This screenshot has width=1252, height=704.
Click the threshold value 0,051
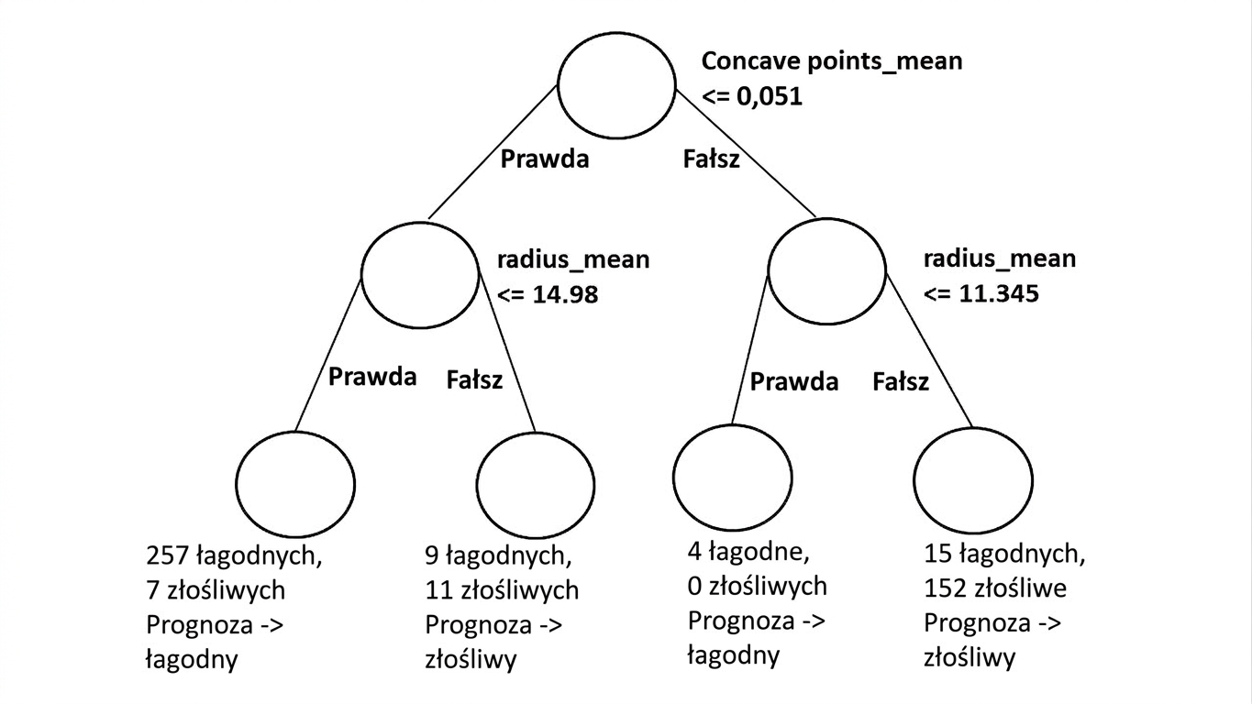point(769,96)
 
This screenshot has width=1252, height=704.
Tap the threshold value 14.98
point(565,294)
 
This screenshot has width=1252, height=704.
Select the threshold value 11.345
point(999,293)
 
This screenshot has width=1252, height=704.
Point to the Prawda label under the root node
point(545,159)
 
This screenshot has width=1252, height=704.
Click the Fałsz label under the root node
point(711,159)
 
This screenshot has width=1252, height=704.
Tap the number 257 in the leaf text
point(167,555)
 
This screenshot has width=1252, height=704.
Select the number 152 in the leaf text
point(945,588)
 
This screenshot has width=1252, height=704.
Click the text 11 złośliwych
point(502,590)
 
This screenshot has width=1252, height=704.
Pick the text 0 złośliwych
point(758,587)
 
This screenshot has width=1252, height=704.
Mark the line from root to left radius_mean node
point(493,151)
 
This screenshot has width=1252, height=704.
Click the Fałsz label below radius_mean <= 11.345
point(901,382)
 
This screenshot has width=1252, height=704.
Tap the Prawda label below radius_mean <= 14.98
point(372,377)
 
